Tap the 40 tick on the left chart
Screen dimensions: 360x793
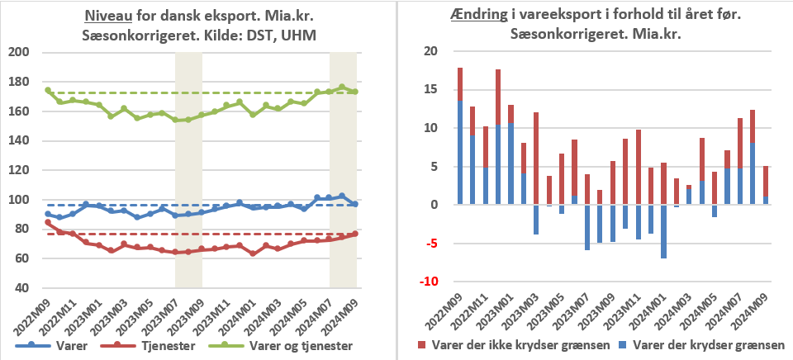pos(20,288)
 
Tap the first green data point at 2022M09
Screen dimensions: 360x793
pos(48,91)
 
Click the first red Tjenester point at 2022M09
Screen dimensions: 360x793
pos(48,222)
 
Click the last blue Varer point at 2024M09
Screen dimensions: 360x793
pos(355,204)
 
